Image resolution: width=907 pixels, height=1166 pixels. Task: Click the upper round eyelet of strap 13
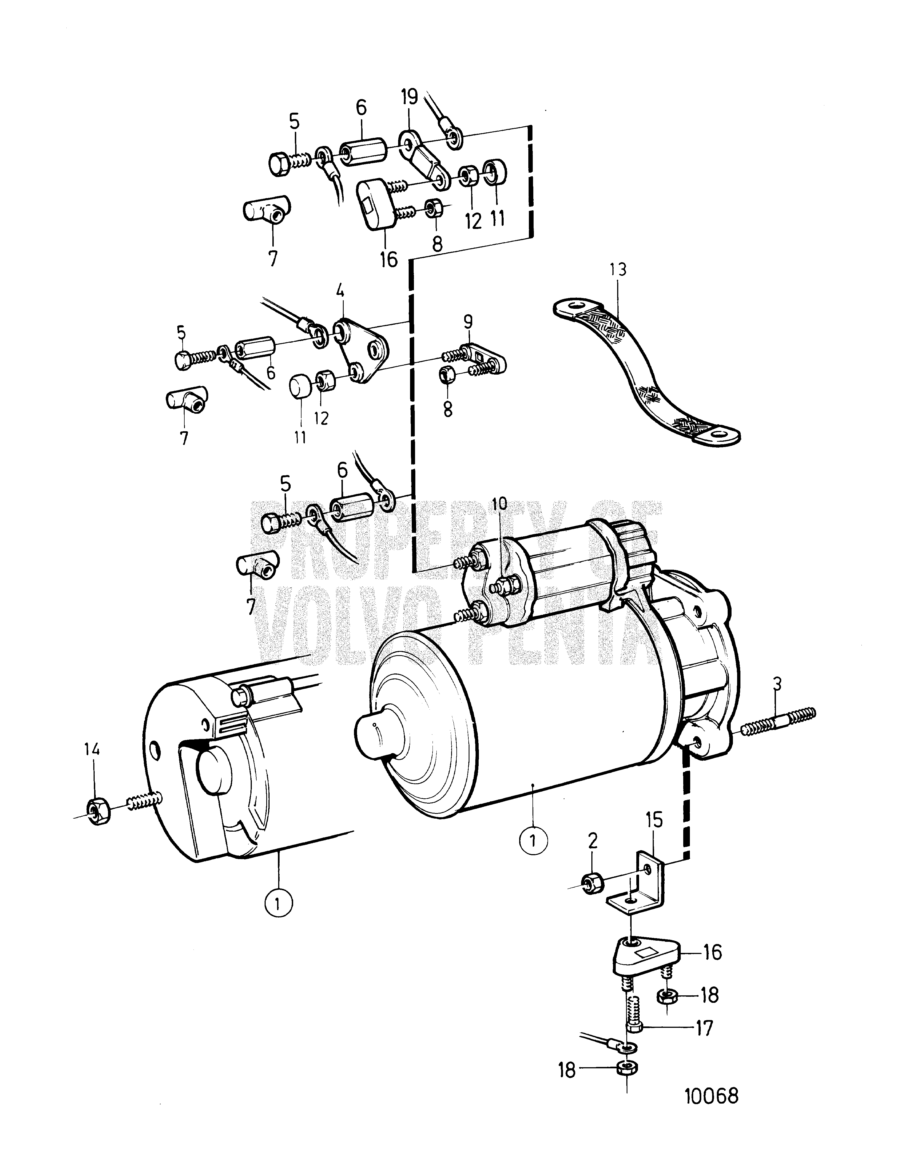click(574, 306)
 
